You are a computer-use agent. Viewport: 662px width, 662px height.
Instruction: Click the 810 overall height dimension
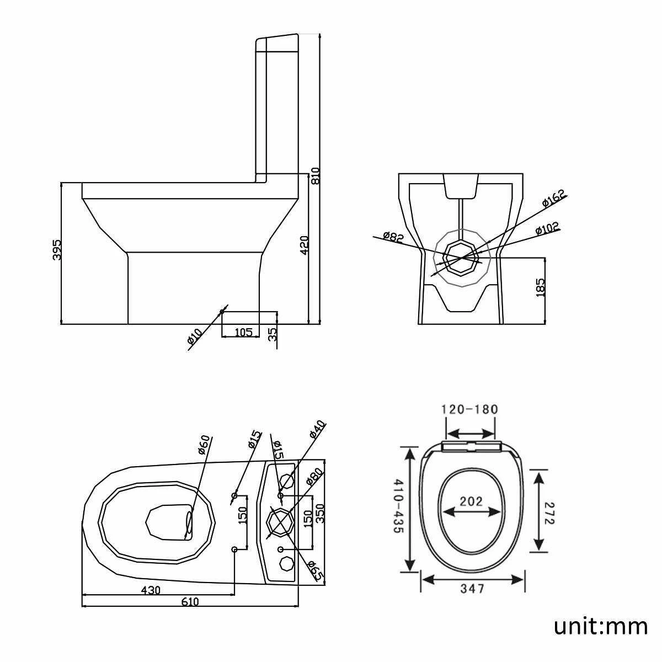click(315, 175)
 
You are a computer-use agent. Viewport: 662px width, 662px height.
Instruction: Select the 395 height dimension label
click(57, 249)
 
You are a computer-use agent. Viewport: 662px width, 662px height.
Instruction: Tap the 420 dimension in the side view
click(304, 245)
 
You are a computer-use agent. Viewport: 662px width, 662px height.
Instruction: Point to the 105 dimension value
click(244, 332)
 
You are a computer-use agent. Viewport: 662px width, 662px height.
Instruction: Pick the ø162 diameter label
click(553, 199)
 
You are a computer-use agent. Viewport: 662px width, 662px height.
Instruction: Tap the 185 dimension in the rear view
click(541, 287)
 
